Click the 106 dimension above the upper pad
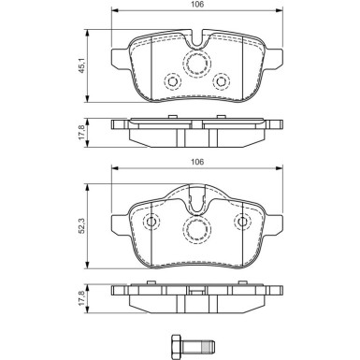(198, 4)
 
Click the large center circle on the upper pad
(197, 64)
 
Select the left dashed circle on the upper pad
(172, 82)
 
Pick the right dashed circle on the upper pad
(223, 82)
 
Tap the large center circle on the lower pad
(197, 229)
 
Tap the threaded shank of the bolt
(200, 340)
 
